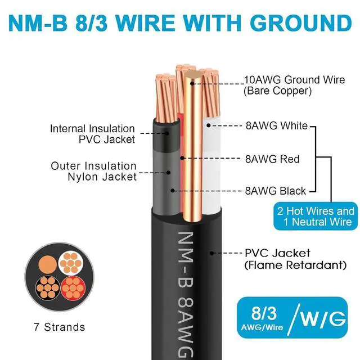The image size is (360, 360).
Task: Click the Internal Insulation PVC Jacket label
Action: click(92, 134)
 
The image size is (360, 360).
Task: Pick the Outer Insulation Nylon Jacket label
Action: click(93, 172)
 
